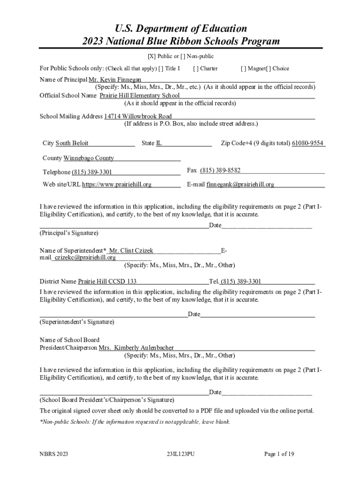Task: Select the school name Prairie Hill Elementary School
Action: click(x=139, y=95)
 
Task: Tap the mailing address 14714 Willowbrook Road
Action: click(x=137, y=116)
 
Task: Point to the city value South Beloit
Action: click(x=72, y=143)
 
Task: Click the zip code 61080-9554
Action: click(x=308, y=143)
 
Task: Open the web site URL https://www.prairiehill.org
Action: click(x=117, y=185)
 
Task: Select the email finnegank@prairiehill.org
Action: click(x=240, y=185)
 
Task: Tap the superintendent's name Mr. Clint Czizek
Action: click(x=131, y=251)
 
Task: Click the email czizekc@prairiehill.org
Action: click(x=85, y=257)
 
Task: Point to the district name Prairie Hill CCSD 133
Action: click(x=107, y=282)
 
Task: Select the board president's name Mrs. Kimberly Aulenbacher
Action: click(x=136, y=348)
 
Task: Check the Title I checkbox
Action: click(x=161, y=68)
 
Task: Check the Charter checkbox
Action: click(x=195, y=68)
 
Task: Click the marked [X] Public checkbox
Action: click(x=151, y=57)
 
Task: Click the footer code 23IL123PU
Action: click(x=180, y=454)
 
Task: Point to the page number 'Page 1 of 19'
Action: click(x=279, y=454)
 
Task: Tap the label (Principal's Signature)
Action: click(x=69, y=232)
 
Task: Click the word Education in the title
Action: click(x=216, y=29)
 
